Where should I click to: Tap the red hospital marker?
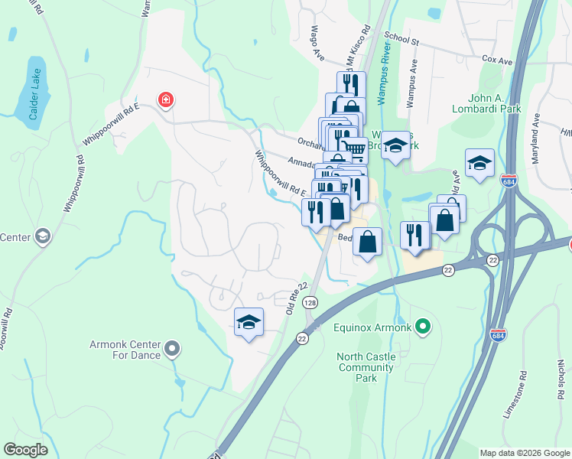pos(164,99)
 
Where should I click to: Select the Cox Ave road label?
pos(496,58)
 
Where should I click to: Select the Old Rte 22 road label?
pos(296,296)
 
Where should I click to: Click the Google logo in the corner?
pos(26,450)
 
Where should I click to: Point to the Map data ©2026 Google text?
pos(525,453)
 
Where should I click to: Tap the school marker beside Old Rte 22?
pos(249,323)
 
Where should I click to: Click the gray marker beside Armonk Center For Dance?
pos(172,349)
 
